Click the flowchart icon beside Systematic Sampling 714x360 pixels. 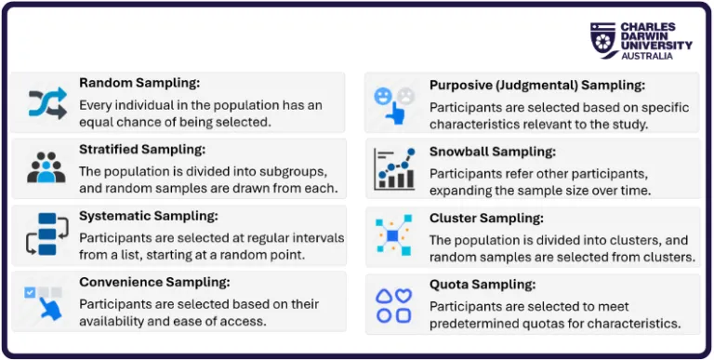(x=46, y=233)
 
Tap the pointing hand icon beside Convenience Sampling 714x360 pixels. (x=46, y=300)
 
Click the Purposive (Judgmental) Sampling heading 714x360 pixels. (x=536, y=85)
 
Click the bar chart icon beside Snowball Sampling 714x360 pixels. (x=394, y=168)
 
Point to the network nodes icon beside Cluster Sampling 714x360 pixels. (x=394, y=235)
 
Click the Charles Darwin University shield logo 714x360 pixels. (x=603, y=39)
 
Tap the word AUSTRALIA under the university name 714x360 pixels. (x=650, y=56)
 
